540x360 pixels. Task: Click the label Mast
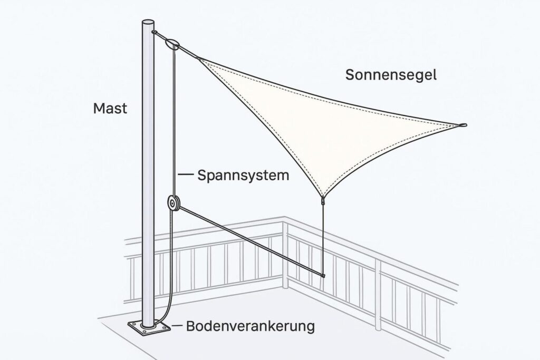110,109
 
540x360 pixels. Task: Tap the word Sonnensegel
391,74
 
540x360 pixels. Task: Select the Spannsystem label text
243,175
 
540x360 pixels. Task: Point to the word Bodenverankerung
250,326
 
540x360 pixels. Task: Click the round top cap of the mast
149,24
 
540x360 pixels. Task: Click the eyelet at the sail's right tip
463,125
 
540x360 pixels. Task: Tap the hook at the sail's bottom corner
323,200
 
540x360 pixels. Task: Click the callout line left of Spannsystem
186,175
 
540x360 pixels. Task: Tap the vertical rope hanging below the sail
323,237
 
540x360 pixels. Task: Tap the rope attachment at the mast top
155,33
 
